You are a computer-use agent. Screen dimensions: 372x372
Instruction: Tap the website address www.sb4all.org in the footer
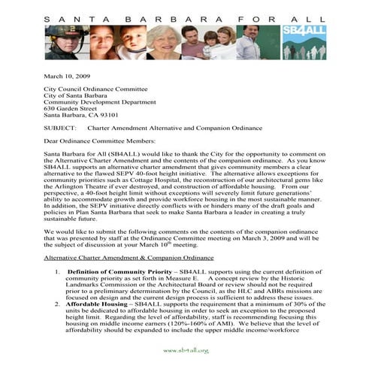point(185,351)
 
